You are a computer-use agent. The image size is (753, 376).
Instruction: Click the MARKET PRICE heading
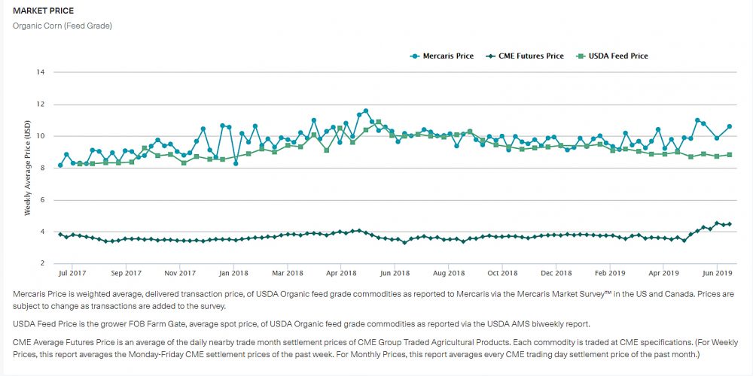click(42, 11)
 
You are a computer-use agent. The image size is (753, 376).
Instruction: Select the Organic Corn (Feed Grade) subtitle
click(62, 26)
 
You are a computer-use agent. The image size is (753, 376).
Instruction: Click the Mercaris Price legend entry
click(447, 56)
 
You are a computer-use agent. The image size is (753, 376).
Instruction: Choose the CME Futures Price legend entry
click(530, 56)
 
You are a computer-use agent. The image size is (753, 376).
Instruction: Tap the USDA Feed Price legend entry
click(617, 56)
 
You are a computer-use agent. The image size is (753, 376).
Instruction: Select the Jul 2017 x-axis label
click(72, 273)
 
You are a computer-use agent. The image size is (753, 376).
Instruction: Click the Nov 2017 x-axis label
click(180, 273)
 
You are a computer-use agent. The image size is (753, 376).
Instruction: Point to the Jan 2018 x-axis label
click(233, 273)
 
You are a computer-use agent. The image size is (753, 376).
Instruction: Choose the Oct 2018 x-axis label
click(502, 273)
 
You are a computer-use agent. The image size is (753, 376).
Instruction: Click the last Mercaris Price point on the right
click(729, 126)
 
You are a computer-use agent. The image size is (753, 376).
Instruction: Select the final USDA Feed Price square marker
click(729, 155)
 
